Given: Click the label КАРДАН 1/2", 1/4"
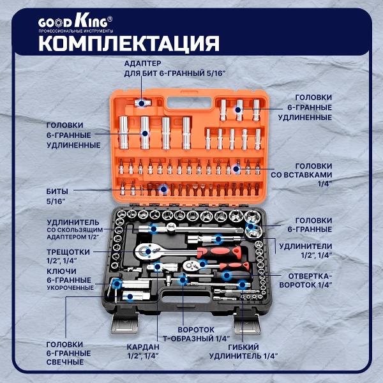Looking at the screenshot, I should point(142,351).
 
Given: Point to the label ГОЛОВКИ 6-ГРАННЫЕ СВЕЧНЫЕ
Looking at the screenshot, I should point(68,352).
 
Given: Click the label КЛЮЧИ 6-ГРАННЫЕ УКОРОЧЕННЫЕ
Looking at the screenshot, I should point(70,280).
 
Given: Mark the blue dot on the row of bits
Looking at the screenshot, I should point(163,189).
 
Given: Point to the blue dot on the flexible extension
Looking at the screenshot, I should point(242,285).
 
